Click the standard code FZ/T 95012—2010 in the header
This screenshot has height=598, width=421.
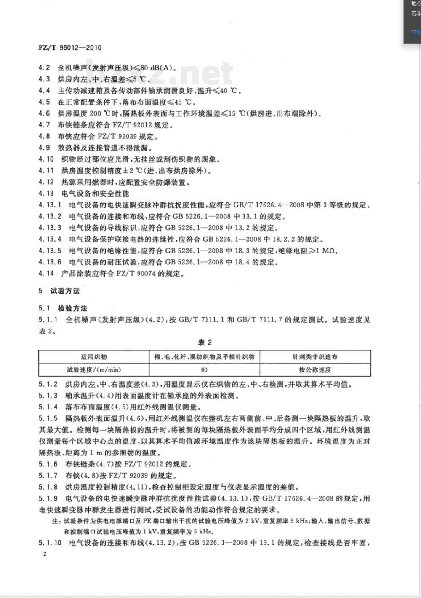pyautogui.click(x=70, y=48)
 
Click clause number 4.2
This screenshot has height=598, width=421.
pyautogui.click(x=44, y=67)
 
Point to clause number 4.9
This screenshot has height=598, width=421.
pyautogui.click(x=44, y=148)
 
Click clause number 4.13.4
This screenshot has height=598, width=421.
pyautogui.click(x=50, y=239)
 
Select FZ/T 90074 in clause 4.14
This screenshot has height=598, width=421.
pyautogui.click(x=135, y=273)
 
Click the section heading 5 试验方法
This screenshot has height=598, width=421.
pyautogui.click(x=59, y=291)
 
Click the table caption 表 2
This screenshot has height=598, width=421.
pyautogui.click(x=205, y=342)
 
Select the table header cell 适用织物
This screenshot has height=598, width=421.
pyautogui.click(x=93, y=357)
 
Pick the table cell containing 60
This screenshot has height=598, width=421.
pyautogui.click(x=204, y=370)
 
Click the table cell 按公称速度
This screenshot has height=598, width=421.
pyautogui.click(x=315, y=370)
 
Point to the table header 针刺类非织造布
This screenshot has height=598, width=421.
pyautogui.click(x=315, y=357)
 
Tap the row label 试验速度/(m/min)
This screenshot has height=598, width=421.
pyautogui.click(x=93, y=370)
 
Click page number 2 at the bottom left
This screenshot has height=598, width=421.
pyautogui.click(x=45, y=554)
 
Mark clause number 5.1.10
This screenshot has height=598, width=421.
pyautogui.click(x=50, y=542)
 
